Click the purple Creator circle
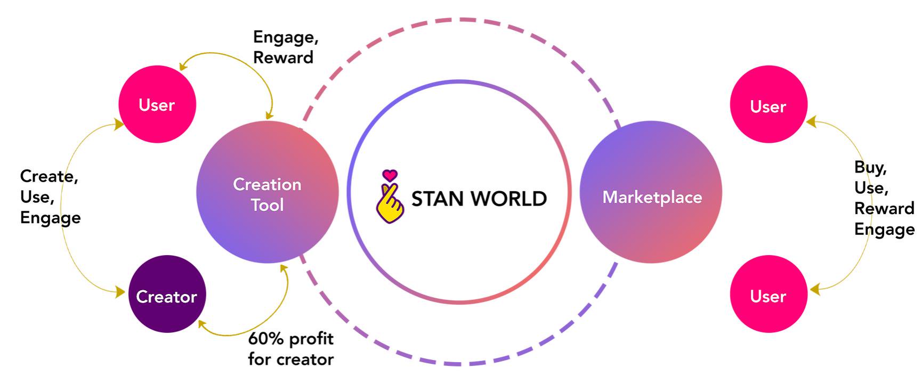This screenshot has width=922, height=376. [167, 294]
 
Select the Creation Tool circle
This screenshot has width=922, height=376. [268, 192]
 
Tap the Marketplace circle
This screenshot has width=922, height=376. [651, 192]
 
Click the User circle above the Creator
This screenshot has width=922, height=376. [157, 104]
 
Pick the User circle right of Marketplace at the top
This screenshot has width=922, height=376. [769, 104]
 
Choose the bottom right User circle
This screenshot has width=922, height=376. [769, 294]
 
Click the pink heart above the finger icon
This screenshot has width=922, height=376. [390, 175]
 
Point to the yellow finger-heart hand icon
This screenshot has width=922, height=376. [390, 203]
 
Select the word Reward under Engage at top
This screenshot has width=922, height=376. [283, 58]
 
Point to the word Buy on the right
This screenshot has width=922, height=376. [870, 168]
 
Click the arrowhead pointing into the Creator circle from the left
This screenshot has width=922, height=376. [120, 292]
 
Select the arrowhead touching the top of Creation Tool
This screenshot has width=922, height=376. [269, 115]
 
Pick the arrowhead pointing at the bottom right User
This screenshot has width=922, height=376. [814, 290]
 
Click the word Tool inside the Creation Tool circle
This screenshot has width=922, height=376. [268, 205]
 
